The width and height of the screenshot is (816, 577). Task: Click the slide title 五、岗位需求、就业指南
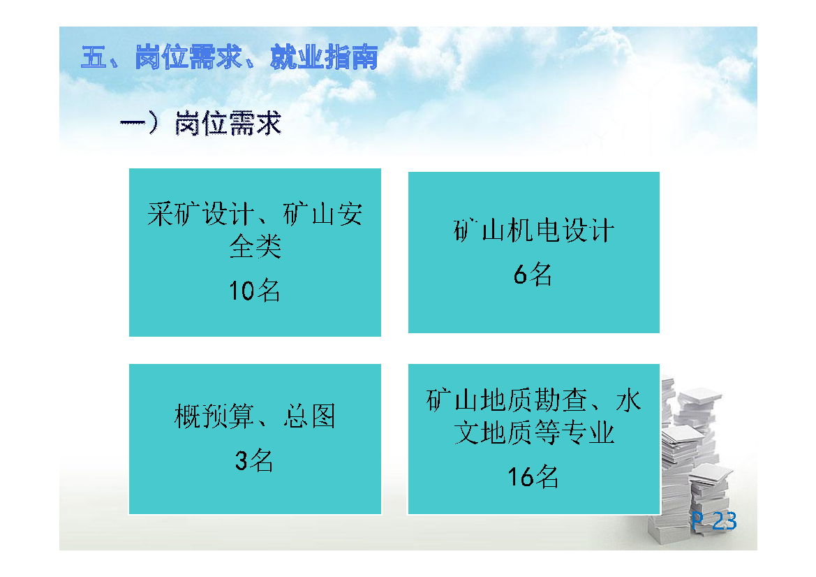pyautogui.click(x=230, y=57)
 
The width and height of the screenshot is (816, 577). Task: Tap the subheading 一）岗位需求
pyautogui.click(x=201, y=124)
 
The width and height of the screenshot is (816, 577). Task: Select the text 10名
pyautogui.click(x=255, y=290)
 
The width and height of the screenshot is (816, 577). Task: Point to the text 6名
pyautogui.click(x=533, y=274)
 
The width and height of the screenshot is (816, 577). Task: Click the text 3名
pyautogui.click(x=254, y=460)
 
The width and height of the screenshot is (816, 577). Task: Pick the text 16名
pyautogui.click(x=533, y=476)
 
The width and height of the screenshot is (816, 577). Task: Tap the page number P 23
pyautogui.click(x=714, y=521)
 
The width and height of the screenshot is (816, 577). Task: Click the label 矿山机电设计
pyautogui.click(x=534, y=231)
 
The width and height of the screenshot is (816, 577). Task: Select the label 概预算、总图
pyautogui.click(x=255, y=416)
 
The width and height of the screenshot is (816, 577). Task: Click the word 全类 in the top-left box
pyautogui.click(x=255, y=247)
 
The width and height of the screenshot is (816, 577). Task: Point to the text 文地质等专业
pyautogui.click(x=534, y=433)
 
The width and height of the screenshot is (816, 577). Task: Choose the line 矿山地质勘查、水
pyautogui.click(x=534, y=400)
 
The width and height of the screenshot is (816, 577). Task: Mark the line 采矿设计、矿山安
pyautogui.click(x=255, y=214)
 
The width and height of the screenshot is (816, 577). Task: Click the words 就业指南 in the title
pyautogui.click(x=324, y=57)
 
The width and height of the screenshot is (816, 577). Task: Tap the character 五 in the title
pyautogui.click(x=94, y=57)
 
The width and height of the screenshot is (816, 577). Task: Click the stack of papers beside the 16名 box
pyautogui.click(x=692, y=458)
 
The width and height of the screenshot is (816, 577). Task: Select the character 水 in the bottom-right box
pyautogui.click(x=629, y=400)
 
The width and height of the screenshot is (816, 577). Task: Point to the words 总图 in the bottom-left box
pyautogui.click(x=309, y=416)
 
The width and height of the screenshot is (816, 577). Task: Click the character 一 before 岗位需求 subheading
pyautogui.click(x=133, y=124)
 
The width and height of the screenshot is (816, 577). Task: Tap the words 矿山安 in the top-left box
pyautogui.click(x=322, y=214)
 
